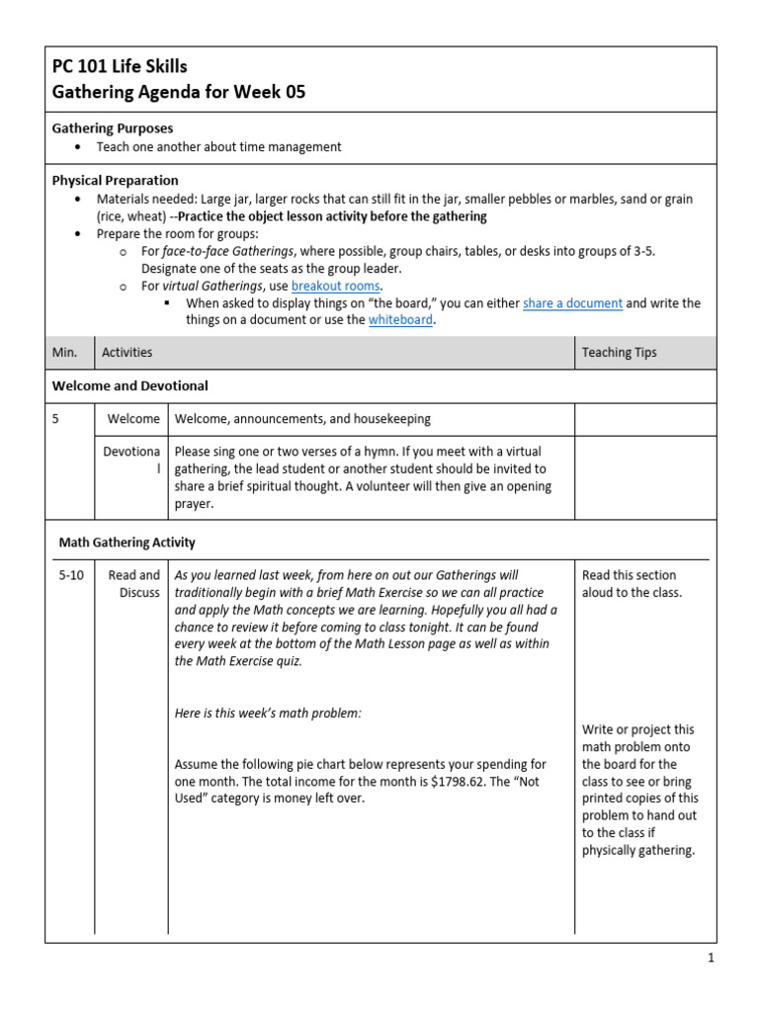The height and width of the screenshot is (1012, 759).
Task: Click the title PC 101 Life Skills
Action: click(119, 67)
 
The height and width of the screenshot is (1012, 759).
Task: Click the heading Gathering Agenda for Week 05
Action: click(179, 93)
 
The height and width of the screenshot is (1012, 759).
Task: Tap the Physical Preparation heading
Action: click(115, 180)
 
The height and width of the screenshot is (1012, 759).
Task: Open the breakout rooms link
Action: click(335, 286)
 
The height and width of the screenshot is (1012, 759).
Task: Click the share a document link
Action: click(572, 303)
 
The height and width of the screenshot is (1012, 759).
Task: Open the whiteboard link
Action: click(400, 320)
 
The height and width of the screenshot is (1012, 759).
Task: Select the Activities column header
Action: click(126, 352)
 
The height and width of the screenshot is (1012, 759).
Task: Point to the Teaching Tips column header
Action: click(619, 352)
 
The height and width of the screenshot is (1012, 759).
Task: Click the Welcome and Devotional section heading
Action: click(129, 385)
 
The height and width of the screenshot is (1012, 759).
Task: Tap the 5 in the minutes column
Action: click(56, 419)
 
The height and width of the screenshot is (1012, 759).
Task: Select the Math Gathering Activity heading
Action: click(126, 542)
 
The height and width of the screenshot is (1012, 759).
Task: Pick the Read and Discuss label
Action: click(133, 583)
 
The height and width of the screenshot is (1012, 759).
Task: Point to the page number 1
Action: click(710, 958)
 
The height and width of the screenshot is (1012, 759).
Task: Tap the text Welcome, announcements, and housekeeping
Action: click(302, 419)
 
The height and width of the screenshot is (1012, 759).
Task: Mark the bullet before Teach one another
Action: click(78, 147)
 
